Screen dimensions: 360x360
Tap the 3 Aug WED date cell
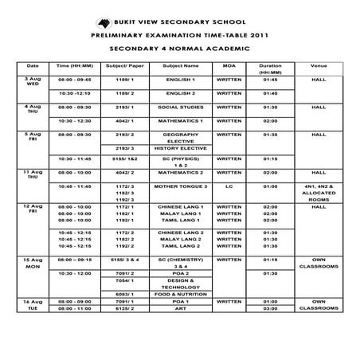tap(33, 83)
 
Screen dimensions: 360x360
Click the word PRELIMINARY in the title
tap(126, 36)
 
